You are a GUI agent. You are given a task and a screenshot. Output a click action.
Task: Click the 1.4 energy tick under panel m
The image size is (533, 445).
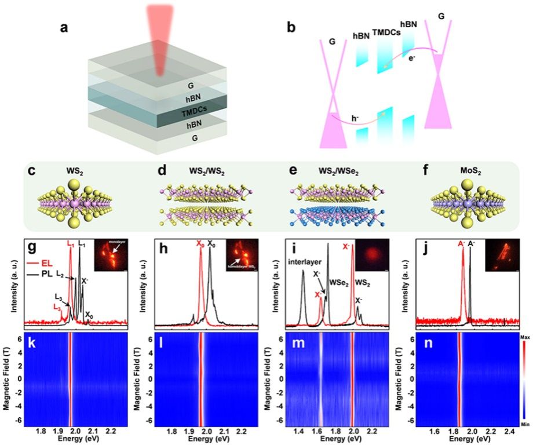coord(299,431)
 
